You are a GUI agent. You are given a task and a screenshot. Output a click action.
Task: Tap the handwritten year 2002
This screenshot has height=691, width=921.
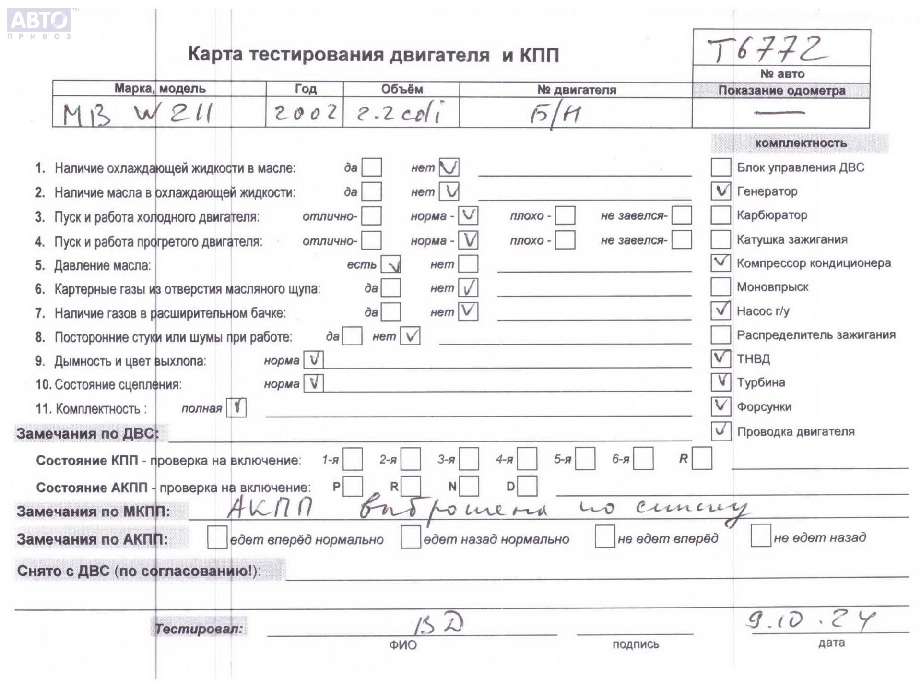[x=305, y=113]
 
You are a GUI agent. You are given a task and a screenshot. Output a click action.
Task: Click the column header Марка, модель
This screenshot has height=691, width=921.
[x=159, y=89]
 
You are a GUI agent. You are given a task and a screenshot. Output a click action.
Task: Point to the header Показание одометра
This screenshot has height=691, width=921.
[x=781, y=91]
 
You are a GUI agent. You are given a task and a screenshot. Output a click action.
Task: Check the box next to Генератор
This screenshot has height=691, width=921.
[x=720, y=191]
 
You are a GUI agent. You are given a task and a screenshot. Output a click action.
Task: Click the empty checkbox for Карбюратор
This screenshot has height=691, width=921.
[x=720, y=215]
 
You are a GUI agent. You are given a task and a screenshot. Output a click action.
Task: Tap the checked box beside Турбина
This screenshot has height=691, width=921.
[x=720, y=382]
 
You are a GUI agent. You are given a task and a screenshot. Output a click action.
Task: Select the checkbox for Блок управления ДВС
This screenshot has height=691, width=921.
[x=720, y=167]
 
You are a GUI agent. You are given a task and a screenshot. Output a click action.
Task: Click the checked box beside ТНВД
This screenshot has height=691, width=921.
[x=720, y=358]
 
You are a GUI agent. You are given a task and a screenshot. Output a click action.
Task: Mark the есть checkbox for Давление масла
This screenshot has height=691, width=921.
[x=390, y=264]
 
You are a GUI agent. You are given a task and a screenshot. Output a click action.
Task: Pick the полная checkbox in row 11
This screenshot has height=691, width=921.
[x=236, y=408]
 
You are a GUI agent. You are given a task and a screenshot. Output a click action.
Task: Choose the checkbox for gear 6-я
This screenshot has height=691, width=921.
[x=643, y=459]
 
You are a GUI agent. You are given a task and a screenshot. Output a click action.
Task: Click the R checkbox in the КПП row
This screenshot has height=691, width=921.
[x=702, y=458]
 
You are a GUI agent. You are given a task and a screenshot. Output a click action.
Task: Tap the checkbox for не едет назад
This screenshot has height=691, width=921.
[x=761, y=536]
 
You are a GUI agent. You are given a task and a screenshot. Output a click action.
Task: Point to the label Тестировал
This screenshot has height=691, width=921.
[x=199, y=628]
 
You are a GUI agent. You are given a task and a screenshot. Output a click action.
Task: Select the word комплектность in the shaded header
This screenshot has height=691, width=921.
[x=801, y=143]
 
